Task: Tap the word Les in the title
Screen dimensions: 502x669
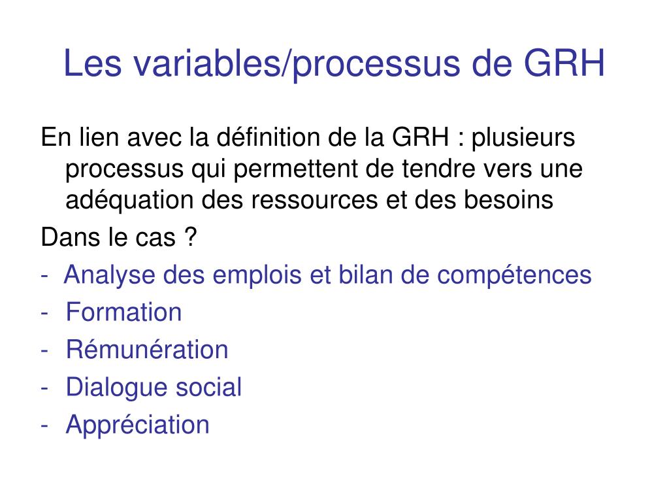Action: point(88,64)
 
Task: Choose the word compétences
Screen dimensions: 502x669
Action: point(514,275)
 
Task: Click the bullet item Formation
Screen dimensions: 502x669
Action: point(123,312)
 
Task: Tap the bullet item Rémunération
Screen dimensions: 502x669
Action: point(147,350)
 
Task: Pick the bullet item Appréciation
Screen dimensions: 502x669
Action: point(137,425)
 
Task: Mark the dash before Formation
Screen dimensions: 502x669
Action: point(44,313)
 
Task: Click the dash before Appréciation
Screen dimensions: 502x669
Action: point(44,426)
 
